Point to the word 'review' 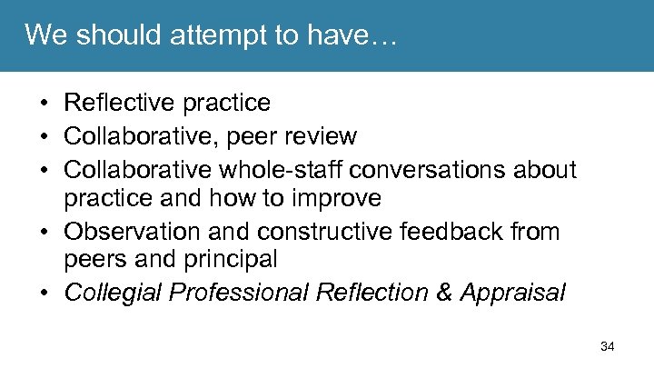click(x=323, y=136)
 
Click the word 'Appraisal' click(x=512, y=293)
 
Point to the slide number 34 click(x=608, y=346)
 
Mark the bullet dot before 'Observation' click(x=45, y=232)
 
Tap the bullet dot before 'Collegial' click(x=45, y=293)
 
